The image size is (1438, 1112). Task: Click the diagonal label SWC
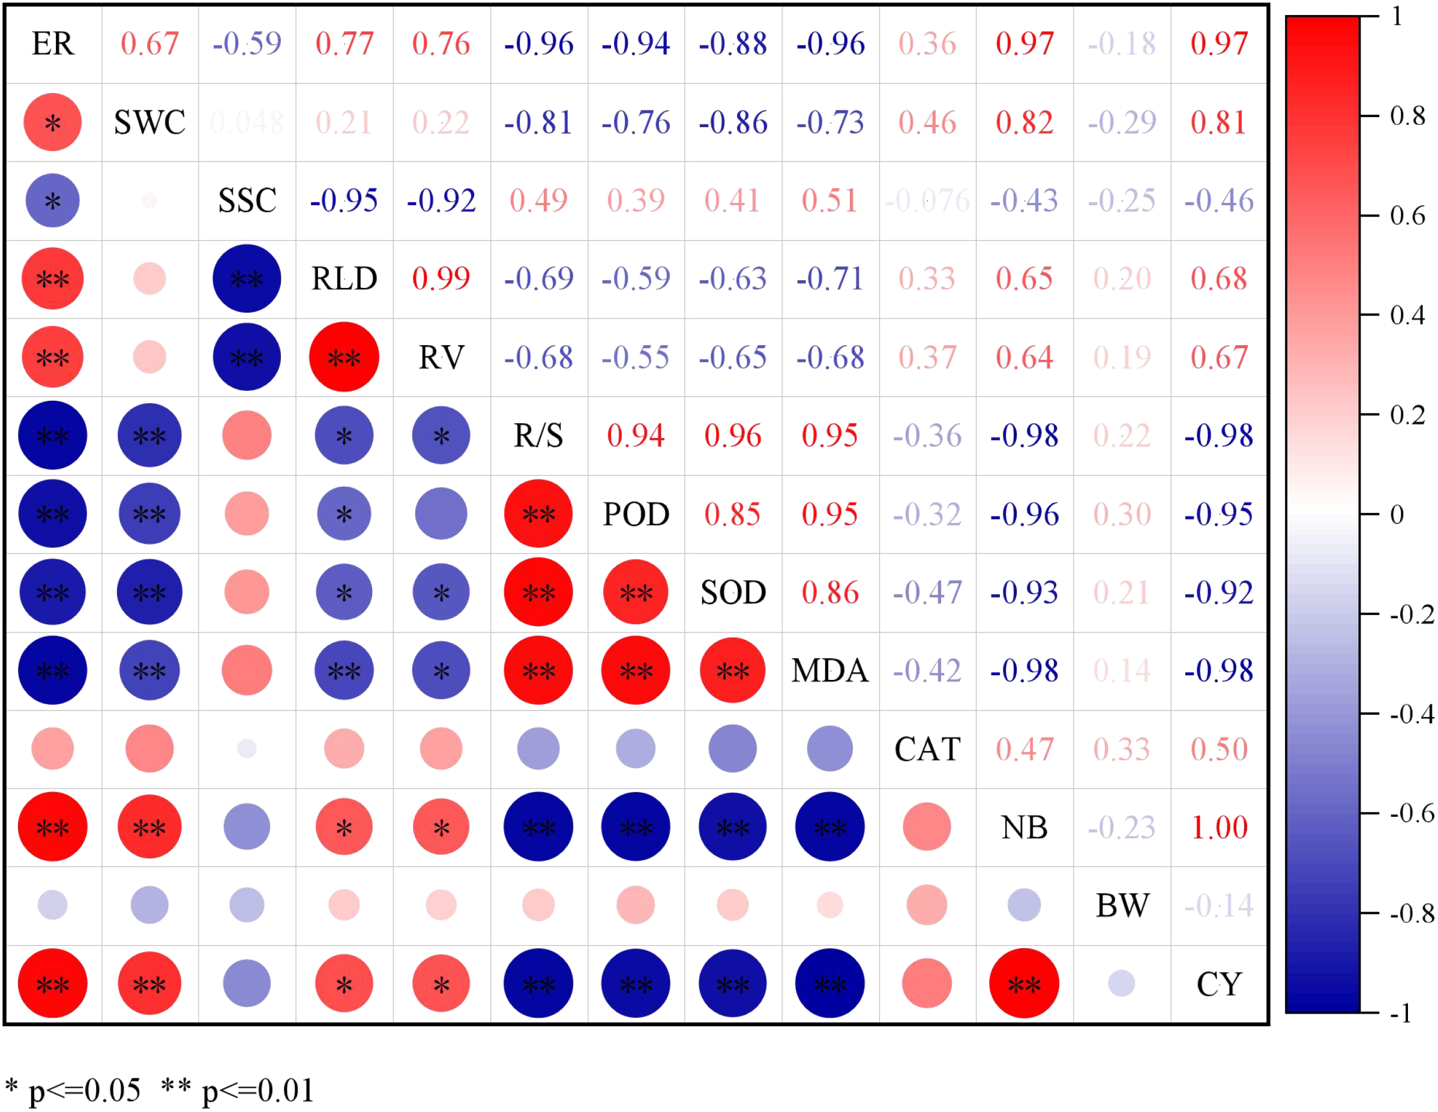[149, 122]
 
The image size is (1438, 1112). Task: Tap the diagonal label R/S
[538, 436]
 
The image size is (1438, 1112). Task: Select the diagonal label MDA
[829, 671]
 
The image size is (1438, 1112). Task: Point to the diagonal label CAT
[927, 749]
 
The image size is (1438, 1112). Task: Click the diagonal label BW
[1122, 906]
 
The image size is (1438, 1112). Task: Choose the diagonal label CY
[1219, 985]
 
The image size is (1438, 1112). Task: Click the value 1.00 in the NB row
[1219, 828]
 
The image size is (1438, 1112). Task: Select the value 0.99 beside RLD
[441, 279]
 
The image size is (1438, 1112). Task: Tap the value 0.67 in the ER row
[149, 44]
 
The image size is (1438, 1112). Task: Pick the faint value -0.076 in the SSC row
[927, 201]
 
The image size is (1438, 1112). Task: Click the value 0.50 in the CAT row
[1219, 749]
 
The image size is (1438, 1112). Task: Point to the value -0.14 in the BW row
[1219, 906]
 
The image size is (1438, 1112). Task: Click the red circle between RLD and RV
[344, 358]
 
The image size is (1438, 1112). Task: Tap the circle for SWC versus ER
[53, 122]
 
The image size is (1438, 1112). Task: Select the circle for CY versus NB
[1024, 984]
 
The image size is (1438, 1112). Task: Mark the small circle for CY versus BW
[1121, 984]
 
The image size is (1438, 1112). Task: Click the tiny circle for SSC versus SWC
[149, 200]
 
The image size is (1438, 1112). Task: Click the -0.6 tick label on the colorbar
[1411, 814]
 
